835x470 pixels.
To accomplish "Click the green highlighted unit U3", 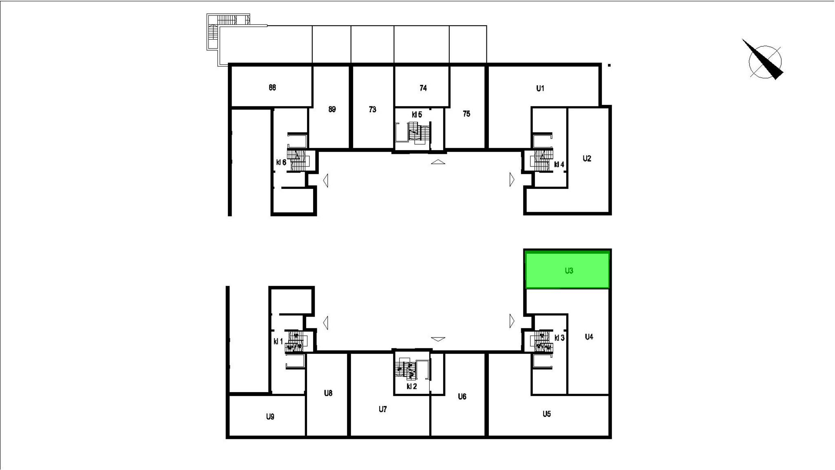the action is [567, 270].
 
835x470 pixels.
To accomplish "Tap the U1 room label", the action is [540, 88].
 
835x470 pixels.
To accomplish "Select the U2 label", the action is [587, 159].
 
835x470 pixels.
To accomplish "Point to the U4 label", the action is [589, 337].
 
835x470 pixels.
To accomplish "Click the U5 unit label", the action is [547, 414].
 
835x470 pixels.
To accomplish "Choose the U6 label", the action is [462, 397].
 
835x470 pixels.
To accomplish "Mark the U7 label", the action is [382, 409].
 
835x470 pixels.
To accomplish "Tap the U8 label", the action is [328, 393].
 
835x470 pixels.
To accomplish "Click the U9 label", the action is [270, 417].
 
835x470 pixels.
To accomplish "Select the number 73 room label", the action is [372, 109].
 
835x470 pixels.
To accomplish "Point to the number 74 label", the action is [423, 88].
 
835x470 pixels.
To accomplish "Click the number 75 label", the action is [466, 114].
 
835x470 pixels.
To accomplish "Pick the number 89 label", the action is [332, 109].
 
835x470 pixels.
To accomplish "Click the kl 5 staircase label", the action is [417, 115].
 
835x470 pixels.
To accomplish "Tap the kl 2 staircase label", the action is [412, 386].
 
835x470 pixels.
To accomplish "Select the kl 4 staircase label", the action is [559, 165].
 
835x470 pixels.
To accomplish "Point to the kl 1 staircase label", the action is [278, 341].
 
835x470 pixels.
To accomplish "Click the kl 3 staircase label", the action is [559, 338].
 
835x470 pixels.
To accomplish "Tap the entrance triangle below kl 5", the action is [438, 162].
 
